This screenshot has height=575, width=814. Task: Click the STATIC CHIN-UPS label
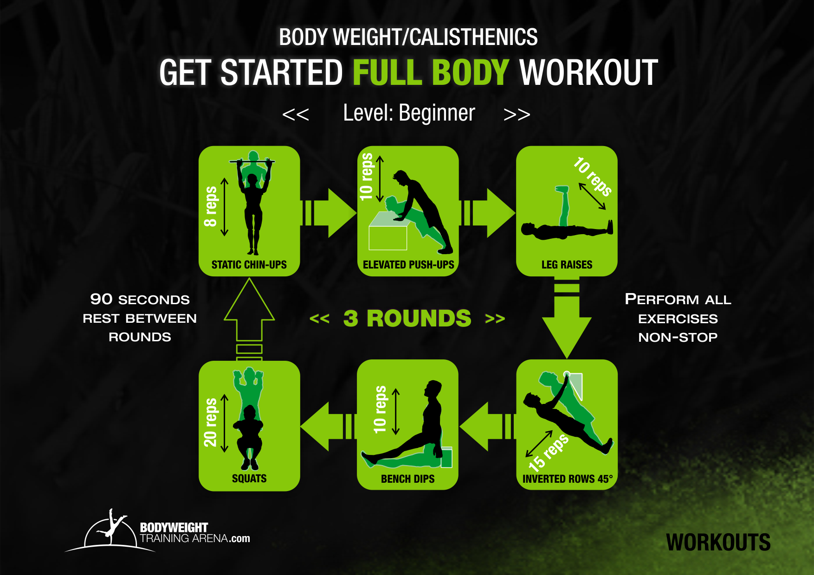[249, 265]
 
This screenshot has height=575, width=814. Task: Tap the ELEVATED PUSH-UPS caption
[408, 265]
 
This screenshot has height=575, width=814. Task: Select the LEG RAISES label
[567, 265]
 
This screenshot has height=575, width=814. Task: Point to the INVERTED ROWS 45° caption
[568, 479]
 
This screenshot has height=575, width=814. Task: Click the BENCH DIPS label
[407, 479]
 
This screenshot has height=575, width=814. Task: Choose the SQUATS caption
[249, 479]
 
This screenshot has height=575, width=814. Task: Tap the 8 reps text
[211, 206]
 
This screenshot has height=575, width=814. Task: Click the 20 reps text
[210, 422]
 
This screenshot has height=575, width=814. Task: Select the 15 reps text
[549, 453]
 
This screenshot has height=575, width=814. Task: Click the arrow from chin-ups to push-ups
[329, 213]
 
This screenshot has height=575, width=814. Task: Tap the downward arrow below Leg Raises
[567, 318]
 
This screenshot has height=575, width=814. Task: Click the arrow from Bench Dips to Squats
[329, 426]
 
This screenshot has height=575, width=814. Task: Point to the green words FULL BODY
[431, 73]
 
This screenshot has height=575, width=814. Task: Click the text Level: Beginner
[409, 113]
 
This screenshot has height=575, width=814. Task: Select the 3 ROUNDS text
[407, 318]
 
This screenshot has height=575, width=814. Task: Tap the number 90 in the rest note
[101, 299]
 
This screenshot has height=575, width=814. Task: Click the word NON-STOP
[678, 337]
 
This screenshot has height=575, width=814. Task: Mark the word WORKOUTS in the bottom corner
[718, 543]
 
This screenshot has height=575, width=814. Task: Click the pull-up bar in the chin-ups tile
[252, 161]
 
